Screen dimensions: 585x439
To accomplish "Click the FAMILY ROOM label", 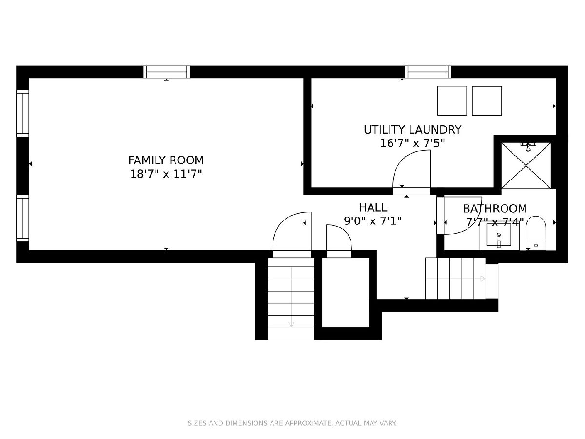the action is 166,160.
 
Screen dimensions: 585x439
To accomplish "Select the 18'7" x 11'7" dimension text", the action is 166,174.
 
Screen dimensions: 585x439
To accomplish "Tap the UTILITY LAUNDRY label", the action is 412,130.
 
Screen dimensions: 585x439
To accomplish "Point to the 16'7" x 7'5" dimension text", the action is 412,144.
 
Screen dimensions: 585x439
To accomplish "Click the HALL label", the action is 373,207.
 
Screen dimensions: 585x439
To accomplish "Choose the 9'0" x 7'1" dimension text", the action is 373,221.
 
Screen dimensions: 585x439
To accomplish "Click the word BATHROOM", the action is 495,209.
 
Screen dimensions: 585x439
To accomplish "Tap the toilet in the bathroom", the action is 536,233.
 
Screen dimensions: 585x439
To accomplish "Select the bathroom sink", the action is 499,235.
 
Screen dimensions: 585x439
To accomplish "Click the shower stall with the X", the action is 526,166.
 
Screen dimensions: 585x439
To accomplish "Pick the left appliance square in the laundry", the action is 452,101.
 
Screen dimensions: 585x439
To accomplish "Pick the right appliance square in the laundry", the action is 487,101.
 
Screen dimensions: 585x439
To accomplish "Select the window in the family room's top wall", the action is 167,72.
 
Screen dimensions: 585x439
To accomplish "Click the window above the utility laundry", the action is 428,72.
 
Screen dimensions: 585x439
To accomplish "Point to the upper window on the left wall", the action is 22,113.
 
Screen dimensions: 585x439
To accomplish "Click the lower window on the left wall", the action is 22,219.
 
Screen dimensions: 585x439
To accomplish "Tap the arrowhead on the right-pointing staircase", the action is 483,279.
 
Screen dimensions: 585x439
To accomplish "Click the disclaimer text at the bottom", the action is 292,423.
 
